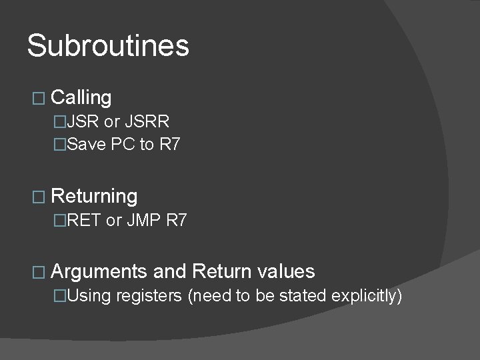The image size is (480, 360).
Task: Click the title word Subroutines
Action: coord(108,47)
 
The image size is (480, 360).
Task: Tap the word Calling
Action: coord(81,98)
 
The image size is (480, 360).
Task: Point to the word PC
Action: coord(125,144)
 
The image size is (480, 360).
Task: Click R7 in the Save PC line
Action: coord(169,144)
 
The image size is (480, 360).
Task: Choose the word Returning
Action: coord(94,196)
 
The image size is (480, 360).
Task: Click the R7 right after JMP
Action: coord(176,220)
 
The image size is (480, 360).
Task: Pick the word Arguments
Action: coord(98,272)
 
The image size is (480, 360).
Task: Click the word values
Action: coord(285,272)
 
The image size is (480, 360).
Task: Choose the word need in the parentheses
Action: coord(212,295)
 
